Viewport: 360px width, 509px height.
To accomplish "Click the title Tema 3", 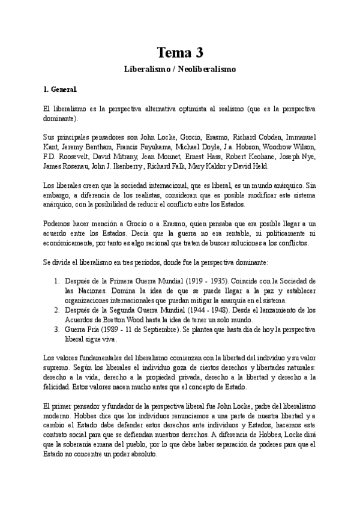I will click(179, 52).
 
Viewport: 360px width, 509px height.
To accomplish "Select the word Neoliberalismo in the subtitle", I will click(208, 69).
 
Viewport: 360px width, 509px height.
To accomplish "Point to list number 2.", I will click(56, 310).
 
